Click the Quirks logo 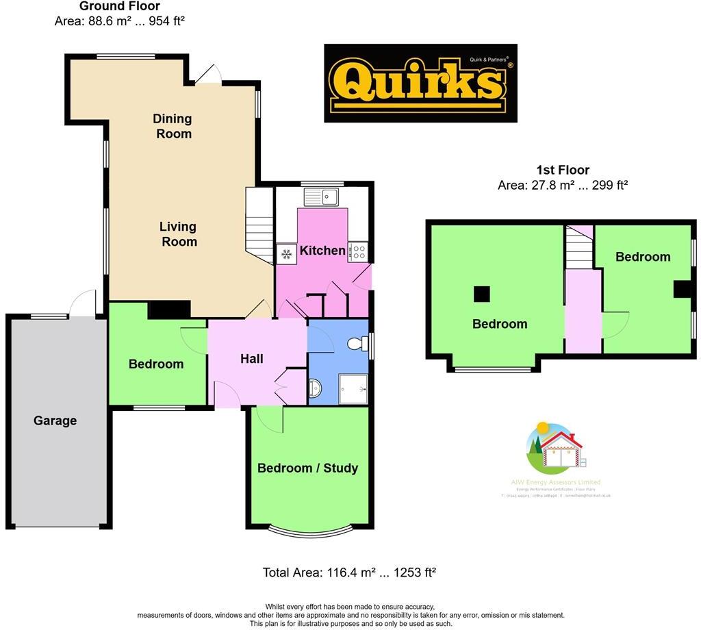click(x=420, y=84)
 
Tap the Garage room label click(x=55, y=420)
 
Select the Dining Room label click(x=173, y=126)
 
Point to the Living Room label click(x=179, y=234)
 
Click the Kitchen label click(x=322, y=251)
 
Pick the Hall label click(x=252, y=358)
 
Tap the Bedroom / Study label click(x=307, y=468)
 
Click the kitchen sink click(x=321, y=197)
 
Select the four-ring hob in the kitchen click(x=358, y=252)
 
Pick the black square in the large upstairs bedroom click(x=482, y=293)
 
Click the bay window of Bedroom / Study click(x=310, y=529)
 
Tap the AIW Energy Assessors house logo click(x=555, y=449)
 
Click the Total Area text click(x=349, y=572)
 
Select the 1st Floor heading click(x=562, y=170)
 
